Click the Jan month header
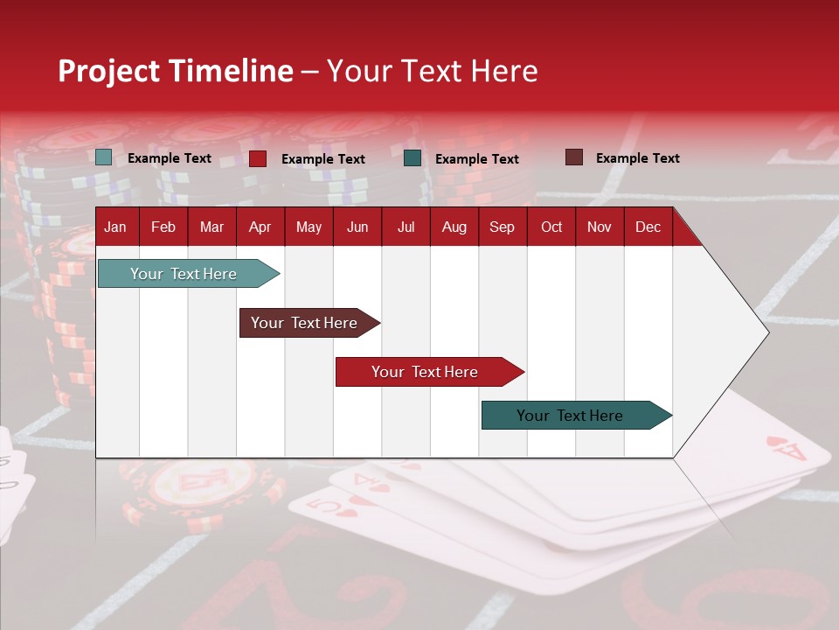coord(115,227)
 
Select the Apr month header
coord(260,227)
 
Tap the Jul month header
coord(406,227)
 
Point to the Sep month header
coord(502,227)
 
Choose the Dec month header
coord(648,227)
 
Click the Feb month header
coord(163,227)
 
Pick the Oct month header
coord(551,227)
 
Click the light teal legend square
coord(104,157)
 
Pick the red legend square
coord(258,158)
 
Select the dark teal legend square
coord(413,158)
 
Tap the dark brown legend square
coord(573,157)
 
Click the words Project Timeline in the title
coord(176,71)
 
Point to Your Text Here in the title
coord(432,71)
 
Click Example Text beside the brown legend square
coord(637,158)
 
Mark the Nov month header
coord(600,227)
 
